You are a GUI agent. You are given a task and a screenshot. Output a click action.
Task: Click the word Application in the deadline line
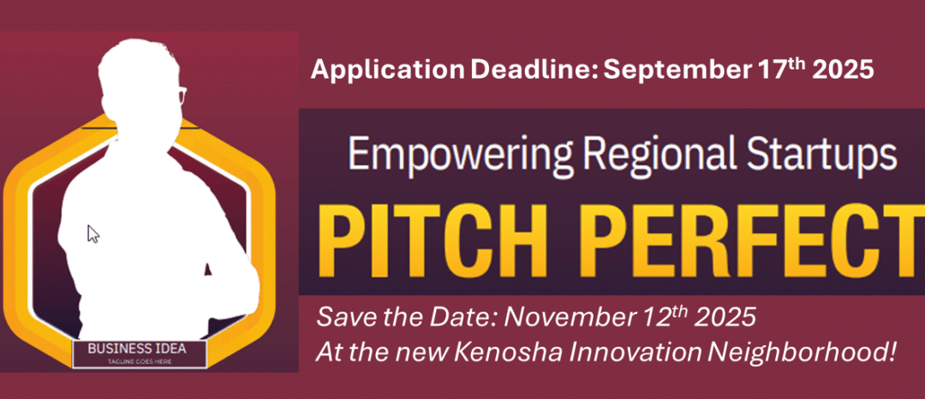[387, 70]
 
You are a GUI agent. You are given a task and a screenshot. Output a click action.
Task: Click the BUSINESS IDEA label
[141, 348]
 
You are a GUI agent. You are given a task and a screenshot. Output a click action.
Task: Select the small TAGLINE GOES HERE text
[140, 362]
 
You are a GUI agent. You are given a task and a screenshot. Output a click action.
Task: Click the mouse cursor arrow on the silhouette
[92, 233]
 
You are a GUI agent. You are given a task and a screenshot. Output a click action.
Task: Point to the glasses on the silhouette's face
[181, 95]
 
